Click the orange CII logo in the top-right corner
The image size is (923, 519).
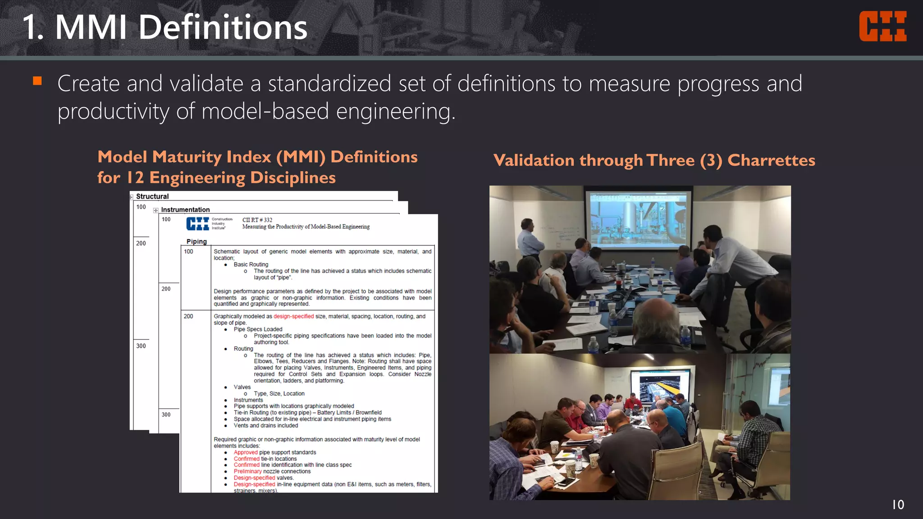(x=882, y=27)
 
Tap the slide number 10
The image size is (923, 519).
(x=898, y=505)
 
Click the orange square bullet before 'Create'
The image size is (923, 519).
(x=37, y=81)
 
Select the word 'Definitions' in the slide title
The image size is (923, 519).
(x=223, y=27)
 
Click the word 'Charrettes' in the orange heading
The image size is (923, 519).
(x=771, y=160)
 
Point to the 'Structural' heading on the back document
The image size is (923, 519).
(x=152, y=196)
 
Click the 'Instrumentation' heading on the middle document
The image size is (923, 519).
(x=185, y=209)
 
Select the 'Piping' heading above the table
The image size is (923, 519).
(x=196, y=241)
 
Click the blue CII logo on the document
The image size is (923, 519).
(x=198, y=223)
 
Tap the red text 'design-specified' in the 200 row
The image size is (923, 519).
(x=293, y=316)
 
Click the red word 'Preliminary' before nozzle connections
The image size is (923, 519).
(x=247, y=471)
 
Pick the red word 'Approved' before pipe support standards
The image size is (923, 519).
(x=246, y=452)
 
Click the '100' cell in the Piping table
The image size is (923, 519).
(x=188, y=251)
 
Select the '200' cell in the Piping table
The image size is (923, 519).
(x=188, y=316)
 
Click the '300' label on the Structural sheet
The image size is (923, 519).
(x=141, y=346)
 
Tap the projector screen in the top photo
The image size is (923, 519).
(x=638, y=218)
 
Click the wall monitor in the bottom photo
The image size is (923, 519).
(x=660, y=386)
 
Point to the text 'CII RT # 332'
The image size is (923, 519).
(x=257, y=220)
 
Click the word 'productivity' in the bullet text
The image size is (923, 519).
(x=113, y=111)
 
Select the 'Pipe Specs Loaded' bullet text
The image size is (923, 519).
(x=258, y=329)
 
